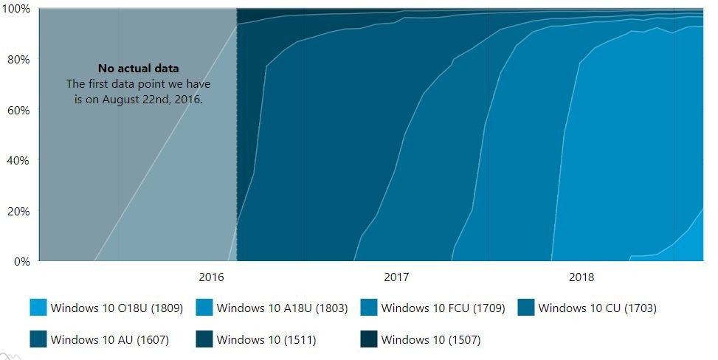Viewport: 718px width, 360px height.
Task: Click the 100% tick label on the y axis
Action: pos(15,9)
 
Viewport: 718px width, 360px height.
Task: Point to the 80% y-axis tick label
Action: pos(18,59)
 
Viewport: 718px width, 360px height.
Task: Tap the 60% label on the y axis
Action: pos(18,110)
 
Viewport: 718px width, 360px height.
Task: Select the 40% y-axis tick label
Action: pos(18,160)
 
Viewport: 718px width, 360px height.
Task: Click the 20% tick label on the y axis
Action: pos(18,211)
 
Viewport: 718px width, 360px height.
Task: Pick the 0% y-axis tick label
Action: pos(21,261)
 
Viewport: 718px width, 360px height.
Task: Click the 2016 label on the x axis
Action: pos(211,278)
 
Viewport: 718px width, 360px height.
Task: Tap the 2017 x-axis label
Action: pos(396,278)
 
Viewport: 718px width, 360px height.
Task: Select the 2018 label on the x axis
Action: pos(581,278)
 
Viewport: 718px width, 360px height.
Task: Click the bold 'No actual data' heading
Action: pos(138,69)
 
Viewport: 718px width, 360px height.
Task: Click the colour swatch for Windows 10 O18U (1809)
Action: pos(38,308)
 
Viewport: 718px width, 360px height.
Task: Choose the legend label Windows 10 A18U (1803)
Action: pos(282,308)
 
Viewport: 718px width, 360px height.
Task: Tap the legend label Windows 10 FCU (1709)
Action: pos(443,308)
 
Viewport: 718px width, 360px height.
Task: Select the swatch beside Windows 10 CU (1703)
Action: pos(526,308)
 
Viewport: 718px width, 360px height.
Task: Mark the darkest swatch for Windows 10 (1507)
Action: pos(369,339)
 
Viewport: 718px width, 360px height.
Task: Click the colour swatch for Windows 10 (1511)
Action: pos(204,339)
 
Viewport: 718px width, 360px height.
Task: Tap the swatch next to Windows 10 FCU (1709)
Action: pos(369,308)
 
